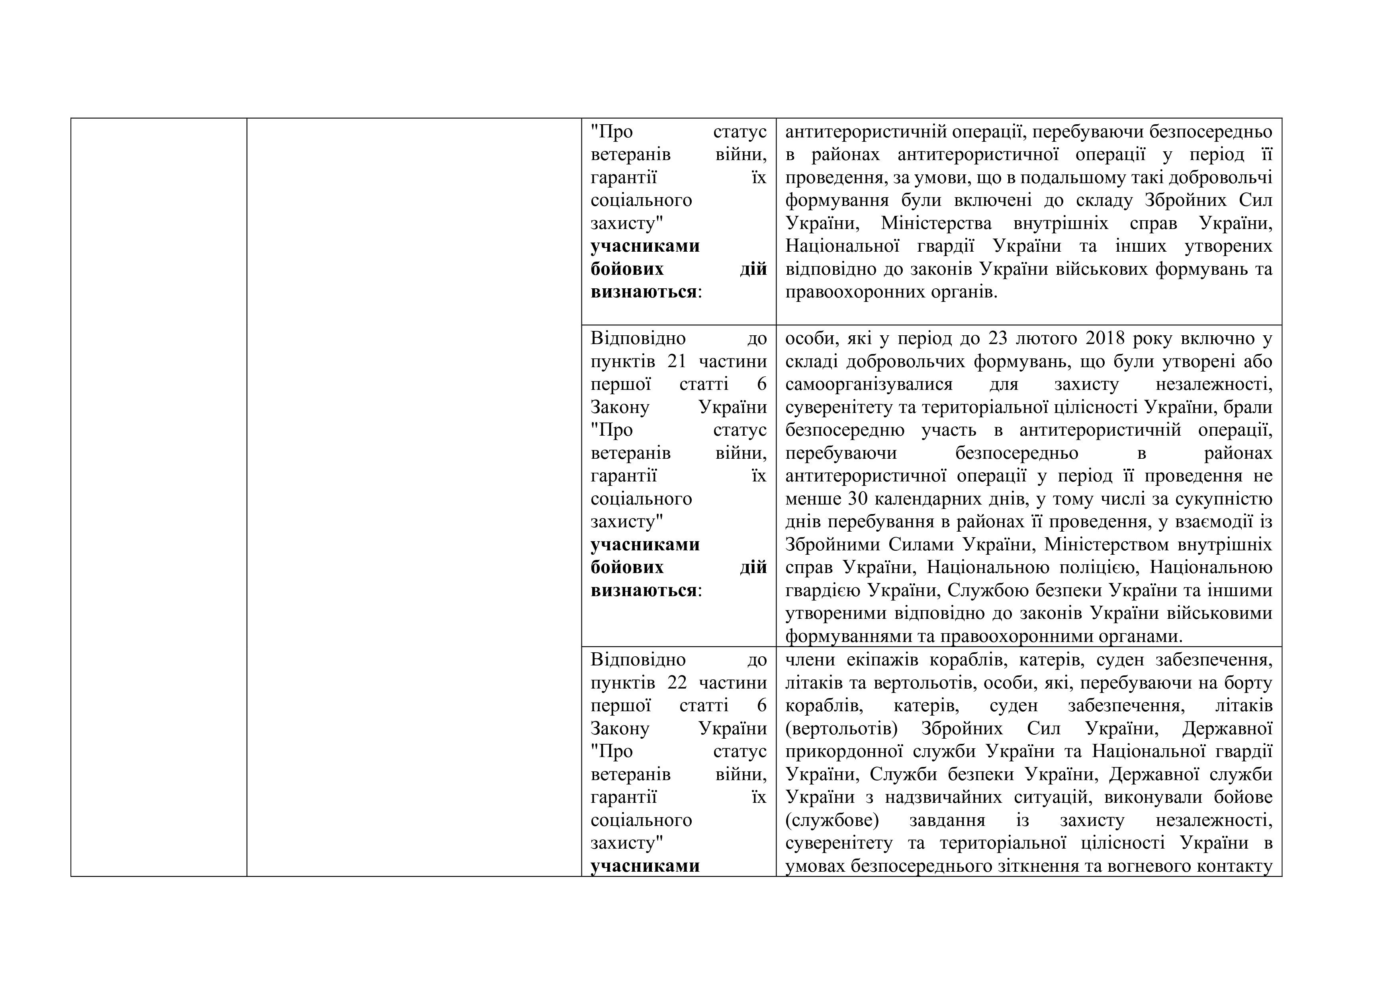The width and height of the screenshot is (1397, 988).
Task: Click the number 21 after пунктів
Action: pos(677,361)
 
